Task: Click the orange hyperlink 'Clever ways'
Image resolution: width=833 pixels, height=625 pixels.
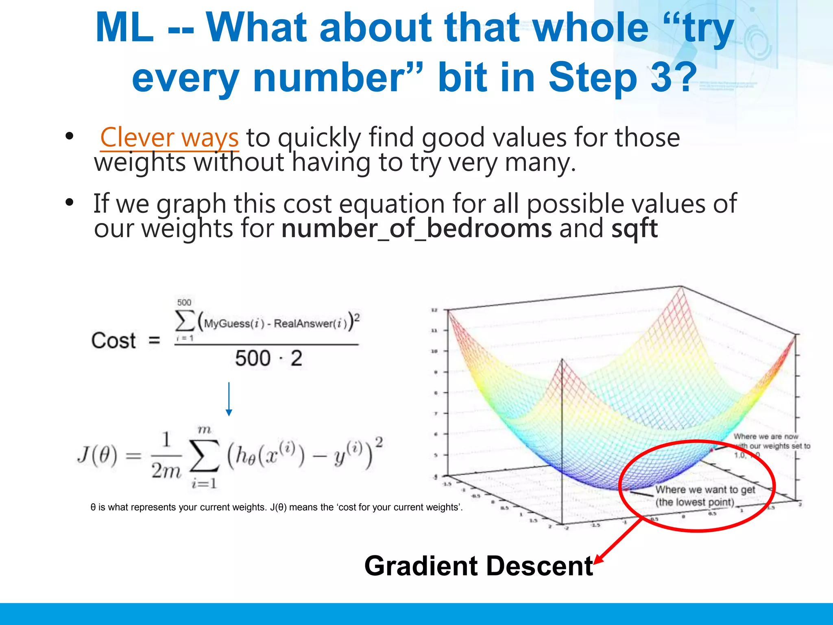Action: coord(169,138)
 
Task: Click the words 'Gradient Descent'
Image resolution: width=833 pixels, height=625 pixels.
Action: coord(478,566)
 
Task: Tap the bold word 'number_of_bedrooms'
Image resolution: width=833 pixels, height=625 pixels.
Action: coord(416,229)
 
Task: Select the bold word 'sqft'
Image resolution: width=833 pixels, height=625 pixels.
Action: coord(635,229)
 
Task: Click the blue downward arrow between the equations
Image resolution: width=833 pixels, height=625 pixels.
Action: coord(229,399)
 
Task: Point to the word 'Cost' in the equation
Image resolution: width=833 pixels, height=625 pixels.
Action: coord(113,341)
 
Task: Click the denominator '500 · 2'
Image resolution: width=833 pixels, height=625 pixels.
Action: coord(268,358)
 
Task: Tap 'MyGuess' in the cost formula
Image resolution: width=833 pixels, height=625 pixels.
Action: coord(226,324)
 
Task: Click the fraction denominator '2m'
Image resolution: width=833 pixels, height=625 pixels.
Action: coord(166,471)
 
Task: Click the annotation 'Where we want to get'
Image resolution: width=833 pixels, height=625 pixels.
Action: coord(705,490)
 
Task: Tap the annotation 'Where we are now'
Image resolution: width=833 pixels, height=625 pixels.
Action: coord(765,437)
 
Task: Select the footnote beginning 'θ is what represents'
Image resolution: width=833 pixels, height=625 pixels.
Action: coord(277,507)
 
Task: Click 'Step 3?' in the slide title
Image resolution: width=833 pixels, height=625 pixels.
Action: coord(622,77)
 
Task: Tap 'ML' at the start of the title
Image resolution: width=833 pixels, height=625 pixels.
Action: coord(124,28)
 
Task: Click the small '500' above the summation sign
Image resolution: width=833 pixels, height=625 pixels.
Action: coord(184,302)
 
